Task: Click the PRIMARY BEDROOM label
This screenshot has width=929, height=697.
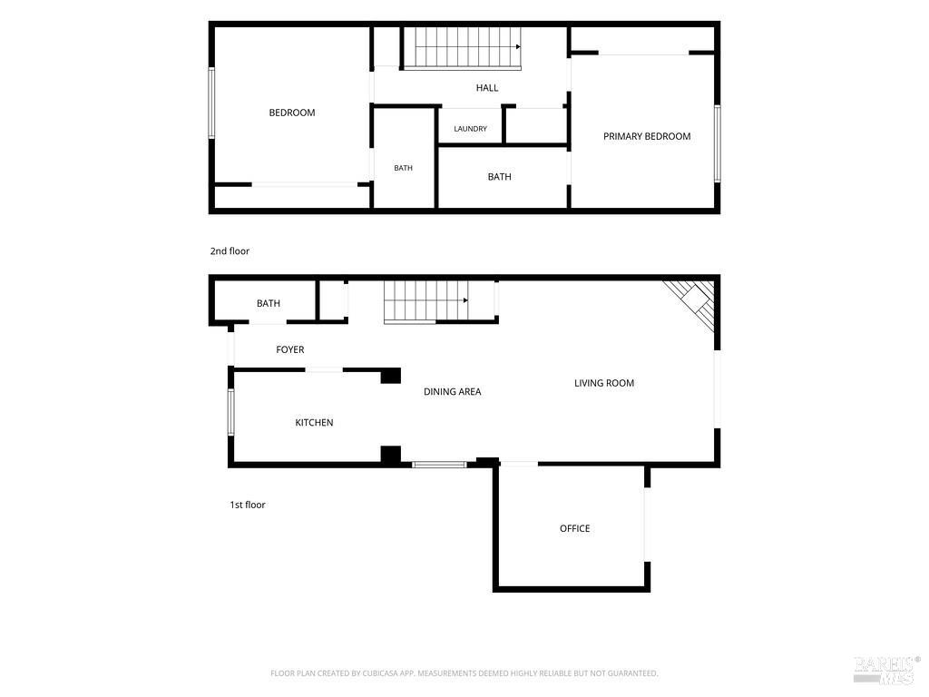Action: pos(646,136)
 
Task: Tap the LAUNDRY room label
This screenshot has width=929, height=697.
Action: pos(471,129)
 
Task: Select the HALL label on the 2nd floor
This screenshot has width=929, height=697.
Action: pos(487,88)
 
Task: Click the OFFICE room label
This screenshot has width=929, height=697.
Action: pos(574,528)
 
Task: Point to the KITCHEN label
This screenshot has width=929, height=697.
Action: pos(314,423)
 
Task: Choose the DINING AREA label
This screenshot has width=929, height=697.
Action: pos(452,392)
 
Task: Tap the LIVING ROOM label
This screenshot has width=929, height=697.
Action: pos(603,384)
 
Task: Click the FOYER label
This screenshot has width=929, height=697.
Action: pos(289,349)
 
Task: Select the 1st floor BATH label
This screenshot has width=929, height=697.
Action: pos(269,303)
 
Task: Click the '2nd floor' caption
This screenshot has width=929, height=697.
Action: pos(230,251)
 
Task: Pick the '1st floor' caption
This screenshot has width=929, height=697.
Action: pos(248,505)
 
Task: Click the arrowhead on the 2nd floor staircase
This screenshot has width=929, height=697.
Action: pos(518,47)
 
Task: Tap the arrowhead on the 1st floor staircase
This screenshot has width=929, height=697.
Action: pos(466,300)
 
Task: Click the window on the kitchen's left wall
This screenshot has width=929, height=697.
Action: pos(231,412)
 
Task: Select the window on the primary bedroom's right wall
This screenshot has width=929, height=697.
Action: pos(717,143)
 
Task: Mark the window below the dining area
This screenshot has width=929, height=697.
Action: pos(440,465)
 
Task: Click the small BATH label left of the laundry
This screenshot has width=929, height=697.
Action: pos(403,168)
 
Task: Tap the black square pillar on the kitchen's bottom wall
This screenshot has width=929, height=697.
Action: pos(390,456)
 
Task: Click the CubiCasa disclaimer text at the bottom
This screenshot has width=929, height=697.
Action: pos(464,673)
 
